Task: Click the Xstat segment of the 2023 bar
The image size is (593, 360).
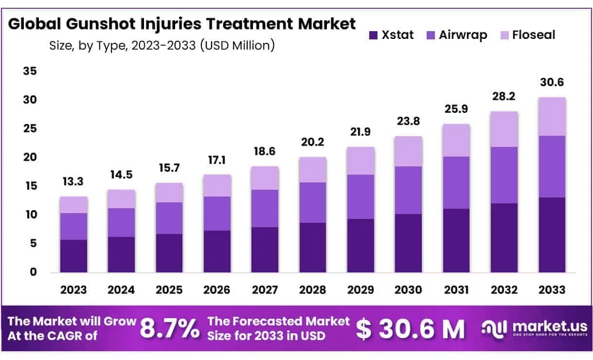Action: (x=73, y=256)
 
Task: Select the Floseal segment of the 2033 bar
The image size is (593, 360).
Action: (x=552, y=117)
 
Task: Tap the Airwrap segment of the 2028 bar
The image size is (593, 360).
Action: (x=312, y=202)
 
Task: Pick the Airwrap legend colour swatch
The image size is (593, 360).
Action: (x=430, y=35)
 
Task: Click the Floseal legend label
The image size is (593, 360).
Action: (x=533, y=35)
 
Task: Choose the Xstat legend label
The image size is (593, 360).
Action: (x=397, y=35)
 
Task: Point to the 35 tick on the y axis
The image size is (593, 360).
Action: (x=30, y=72)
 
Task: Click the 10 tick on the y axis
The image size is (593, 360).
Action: (x=30, y=215)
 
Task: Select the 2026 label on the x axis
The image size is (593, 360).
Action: (x=217, y=290)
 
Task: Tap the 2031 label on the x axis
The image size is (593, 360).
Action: (x=456, y=290)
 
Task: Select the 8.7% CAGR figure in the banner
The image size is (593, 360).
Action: (x=170, y=329)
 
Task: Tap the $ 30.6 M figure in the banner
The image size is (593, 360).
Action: (x=410, y=329)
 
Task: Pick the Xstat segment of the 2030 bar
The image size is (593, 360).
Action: (x=408, y=243)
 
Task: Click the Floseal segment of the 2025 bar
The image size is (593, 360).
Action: (x=169, y=193)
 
